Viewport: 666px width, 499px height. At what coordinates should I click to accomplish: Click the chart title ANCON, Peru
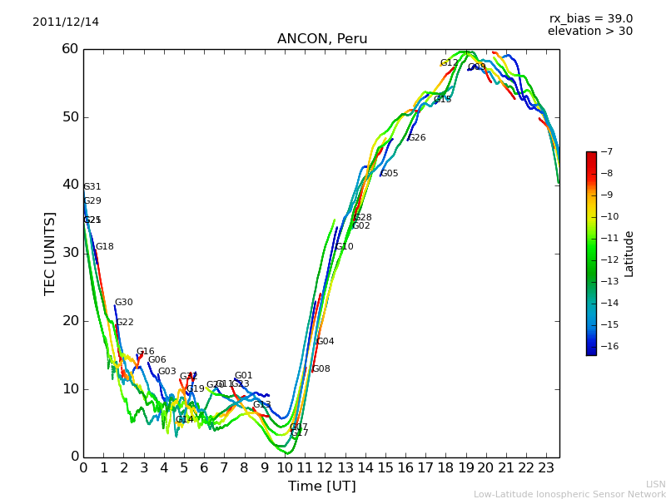coord(322,39)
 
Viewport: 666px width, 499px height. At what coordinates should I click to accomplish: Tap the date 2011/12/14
coord(66,22)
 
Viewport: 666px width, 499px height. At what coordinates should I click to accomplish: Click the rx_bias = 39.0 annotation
coord(590,18)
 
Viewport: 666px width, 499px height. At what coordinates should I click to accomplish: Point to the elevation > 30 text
coord(589,32)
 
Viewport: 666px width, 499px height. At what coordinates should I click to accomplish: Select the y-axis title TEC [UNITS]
coord(50,253)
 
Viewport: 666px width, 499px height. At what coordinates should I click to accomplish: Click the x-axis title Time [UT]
coord(321,486)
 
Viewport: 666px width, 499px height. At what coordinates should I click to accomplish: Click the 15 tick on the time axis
coord(385,468)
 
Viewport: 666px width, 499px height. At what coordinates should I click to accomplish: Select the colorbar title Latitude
coord(629,254)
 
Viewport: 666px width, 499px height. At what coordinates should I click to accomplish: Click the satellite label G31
coord(92,187)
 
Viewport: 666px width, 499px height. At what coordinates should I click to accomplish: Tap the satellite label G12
coord(449,63)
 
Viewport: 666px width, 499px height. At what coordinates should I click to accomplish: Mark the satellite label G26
coord(416,138)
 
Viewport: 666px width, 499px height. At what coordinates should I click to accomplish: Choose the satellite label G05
coord(389,174)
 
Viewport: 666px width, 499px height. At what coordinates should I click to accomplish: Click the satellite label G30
coord(123,303)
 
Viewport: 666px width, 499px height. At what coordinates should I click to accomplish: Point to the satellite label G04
coord(325,342)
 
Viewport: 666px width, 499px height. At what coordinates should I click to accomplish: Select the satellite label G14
coord(184,420)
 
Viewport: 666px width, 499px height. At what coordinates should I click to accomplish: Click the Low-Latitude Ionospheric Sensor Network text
coord(569,494)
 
